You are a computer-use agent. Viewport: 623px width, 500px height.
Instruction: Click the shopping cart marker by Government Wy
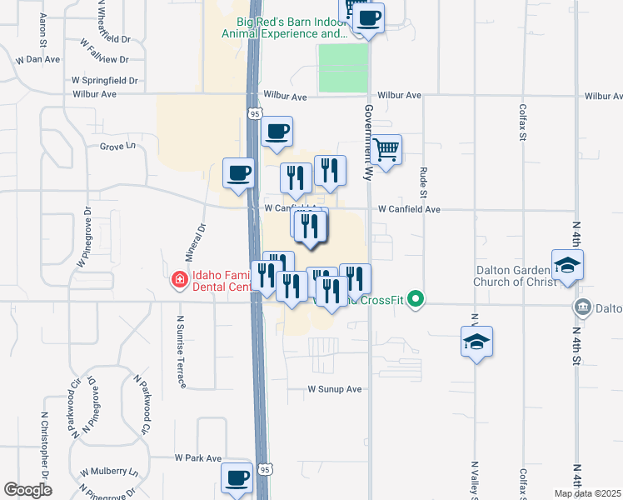tap(386, 151)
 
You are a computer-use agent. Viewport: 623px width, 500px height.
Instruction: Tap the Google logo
tap(27, 490)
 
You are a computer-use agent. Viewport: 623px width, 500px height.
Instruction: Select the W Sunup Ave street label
tap(335, 389)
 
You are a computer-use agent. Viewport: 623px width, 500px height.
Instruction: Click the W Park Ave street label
tap(197, 458)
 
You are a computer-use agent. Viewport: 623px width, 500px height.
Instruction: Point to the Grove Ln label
tap(117, 147)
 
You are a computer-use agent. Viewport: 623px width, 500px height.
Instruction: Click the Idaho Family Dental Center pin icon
tap(178, 280)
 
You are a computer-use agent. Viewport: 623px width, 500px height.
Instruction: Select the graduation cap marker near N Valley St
tap(476, 342)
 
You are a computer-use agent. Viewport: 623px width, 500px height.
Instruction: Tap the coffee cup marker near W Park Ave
tap(237, 478)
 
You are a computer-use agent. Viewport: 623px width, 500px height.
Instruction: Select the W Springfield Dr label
tap(104, 81)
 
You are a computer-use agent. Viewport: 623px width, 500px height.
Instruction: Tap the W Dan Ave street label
tap(38, 60)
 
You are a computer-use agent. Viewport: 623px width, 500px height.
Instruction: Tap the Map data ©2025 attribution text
tap(587, 493)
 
